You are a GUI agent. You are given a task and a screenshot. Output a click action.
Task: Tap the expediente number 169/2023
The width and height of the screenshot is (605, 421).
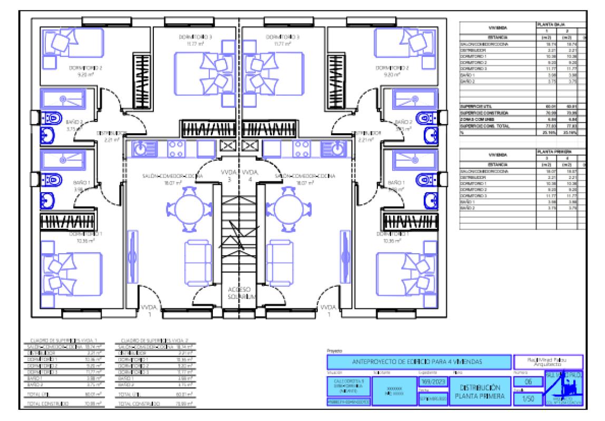432,381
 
